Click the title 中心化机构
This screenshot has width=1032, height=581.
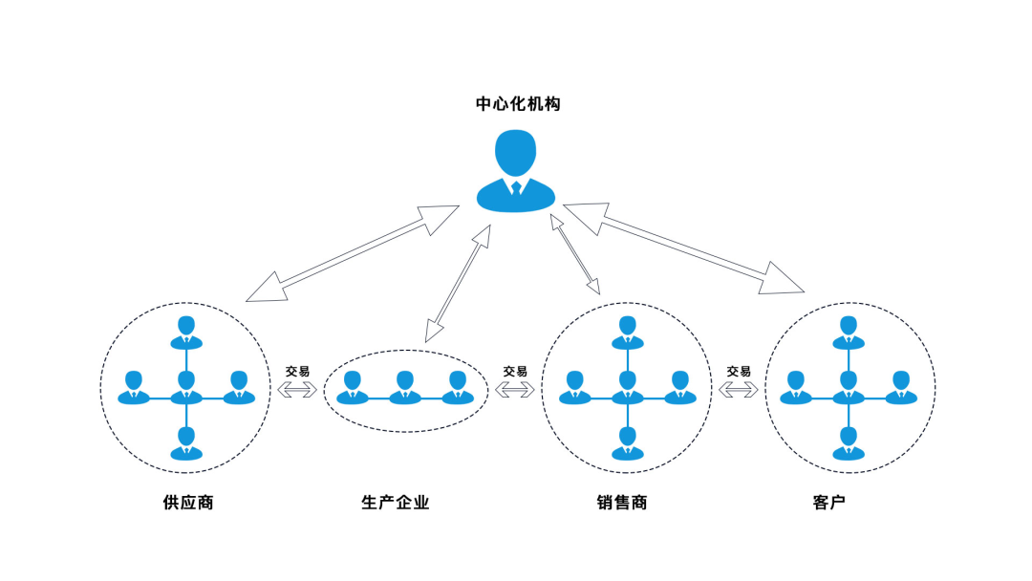pos(517,103)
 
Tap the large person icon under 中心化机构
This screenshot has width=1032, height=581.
pos(516,173)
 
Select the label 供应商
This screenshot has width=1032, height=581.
pos(188,502)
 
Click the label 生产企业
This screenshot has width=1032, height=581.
pos(396,502)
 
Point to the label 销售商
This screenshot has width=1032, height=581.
pos(621,502)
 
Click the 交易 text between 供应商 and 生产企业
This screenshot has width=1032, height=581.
pos(297,371)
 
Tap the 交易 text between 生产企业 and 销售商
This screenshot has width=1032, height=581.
pos(515,371)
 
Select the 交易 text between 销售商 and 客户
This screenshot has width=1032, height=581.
pos(739,371)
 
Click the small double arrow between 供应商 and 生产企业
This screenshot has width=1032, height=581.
pos(297,389)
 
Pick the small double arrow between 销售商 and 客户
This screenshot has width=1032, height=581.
pos(739,389)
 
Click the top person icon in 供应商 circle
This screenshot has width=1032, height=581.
pos(186,331)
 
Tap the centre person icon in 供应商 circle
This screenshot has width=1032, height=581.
pos(186,386)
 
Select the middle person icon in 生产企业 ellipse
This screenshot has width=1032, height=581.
pos(405,386)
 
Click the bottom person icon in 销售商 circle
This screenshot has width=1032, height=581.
pos(627,442)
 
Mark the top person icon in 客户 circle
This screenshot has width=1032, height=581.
pos(848,331)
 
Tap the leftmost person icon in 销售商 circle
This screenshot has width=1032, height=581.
pos(574,386)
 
